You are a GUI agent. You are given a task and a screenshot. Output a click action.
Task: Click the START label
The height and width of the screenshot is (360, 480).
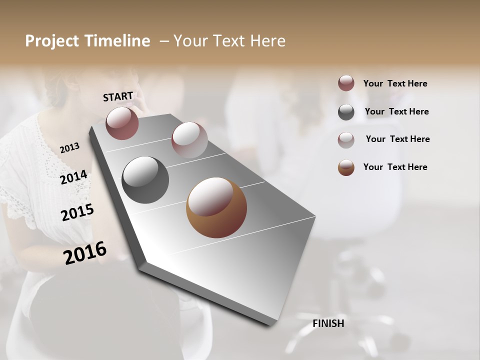pyautogui.click(x=118, y=96)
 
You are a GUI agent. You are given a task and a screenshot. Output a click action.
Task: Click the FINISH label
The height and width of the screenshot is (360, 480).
pyautogui.click(x=328, y=323)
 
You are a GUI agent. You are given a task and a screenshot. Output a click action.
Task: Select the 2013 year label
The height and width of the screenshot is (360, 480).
pyautogui.click(x=69, y=148)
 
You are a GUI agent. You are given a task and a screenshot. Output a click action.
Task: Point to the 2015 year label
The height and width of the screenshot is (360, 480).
pyautogui.click(x=77, y=212)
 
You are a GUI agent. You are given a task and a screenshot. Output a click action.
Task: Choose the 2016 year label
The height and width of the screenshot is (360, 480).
pyautogui.click(x=85, y=253)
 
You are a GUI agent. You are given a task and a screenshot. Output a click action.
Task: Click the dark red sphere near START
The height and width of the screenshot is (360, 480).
pyautogui.click(x=122, y=123)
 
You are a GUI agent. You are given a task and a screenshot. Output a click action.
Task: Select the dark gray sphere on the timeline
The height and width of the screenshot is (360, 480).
pyautogui.click(x=145, y=180)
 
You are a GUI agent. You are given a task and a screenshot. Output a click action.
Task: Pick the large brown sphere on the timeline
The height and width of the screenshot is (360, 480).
pyautogui.click(x=216, y=207)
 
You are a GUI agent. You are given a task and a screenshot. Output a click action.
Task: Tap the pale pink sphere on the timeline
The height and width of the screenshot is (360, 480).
pyautogui.click(x=189, y=140)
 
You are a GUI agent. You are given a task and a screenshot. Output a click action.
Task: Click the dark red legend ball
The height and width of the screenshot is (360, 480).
pyautogui.click(x=346, y=83)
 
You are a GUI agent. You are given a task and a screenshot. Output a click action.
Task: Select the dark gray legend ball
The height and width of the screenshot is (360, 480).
pyautogui.click(x=346, y=112)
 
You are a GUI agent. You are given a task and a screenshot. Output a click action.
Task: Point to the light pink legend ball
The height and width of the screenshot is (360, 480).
pyautogui.click(x=346, y=140)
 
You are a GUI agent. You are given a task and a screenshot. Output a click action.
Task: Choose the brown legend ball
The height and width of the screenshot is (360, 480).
pyautogui.click(x=346, y=167)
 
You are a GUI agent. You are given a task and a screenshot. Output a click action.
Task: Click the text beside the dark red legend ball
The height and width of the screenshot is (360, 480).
pyautogui.click(x=395, y=83)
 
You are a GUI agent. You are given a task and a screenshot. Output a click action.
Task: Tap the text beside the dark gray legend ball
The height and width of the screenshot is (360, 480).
pyautogui.click(x=396, y=111)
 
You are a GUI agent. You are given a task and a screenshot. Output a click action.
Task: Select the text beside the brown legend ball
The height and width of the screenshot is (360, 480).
pyautogui.click(x=395, y=167)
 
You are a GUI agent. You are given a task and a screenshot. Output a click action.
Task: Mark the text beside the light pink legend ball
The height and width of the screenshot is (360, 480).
pyautogui.click(x=397, y=139)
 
